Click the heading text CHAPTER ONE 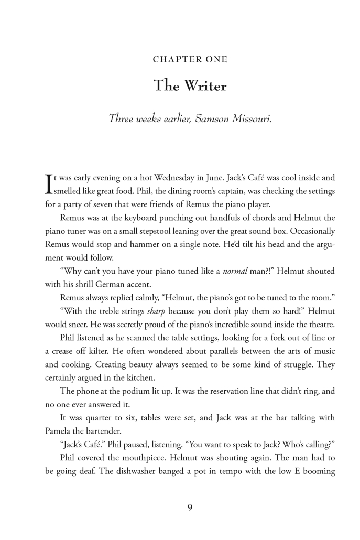pyautogui.click(x=190, y=60)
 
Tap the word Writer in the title pyautogui.click(x=205, y=85)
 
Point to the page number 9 pyautogui.click(x=190, y=507)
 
